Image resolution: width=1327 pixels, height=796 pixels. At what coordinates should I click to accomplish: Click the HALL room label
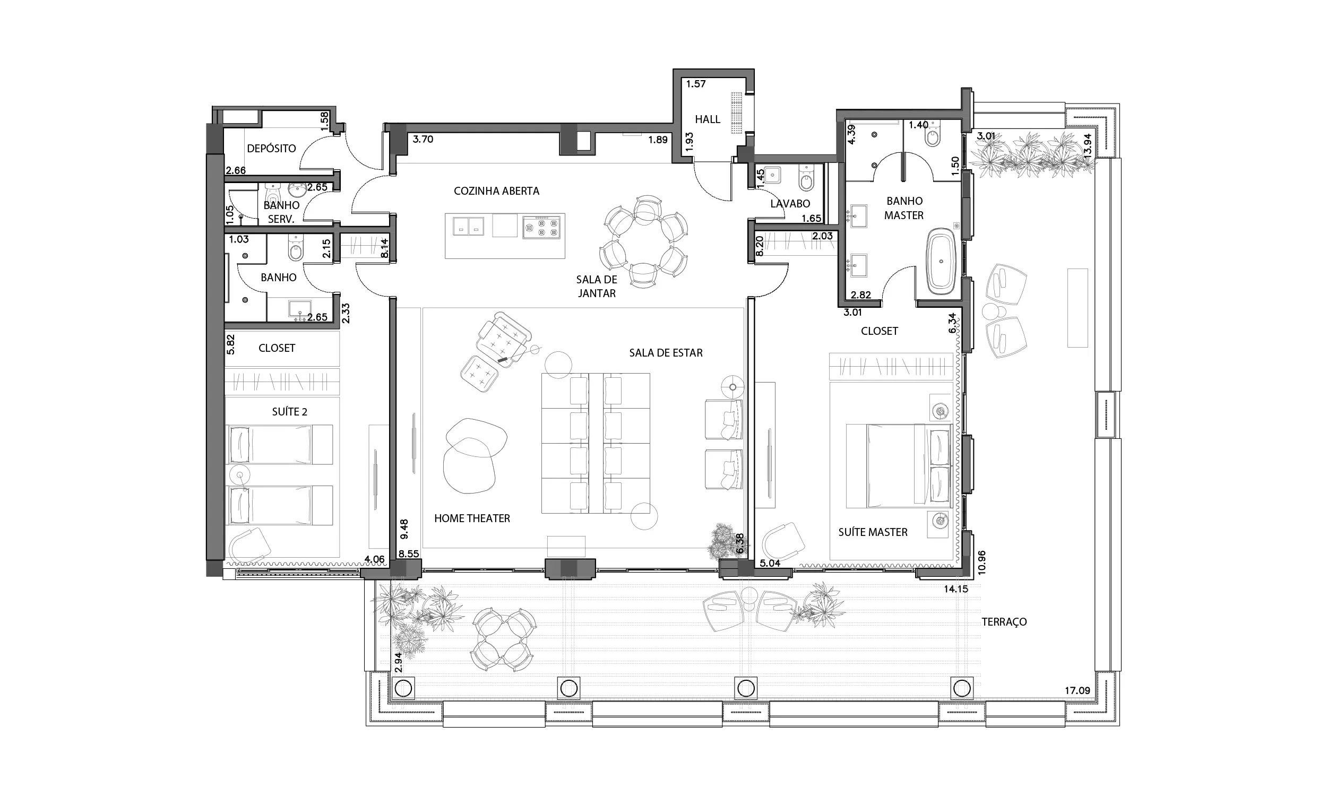[x=708, y=119]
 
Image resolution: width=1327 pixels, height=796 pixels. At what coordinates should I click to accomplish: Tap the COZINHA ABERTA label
[x=496, y=191]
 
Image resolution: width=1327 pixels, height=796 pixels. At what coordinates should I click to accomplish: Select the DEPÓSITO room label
[x=271, y=148]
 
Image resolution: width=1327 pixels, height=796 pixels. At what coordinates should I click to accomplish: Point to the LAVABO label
[x=790, y=204]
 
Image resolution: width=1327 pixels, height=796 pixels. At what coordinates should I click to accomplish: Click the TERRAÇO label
[x=1004, y=621]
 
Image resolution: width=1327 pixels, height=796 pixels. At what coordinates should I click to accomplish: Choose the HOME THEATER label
[x=472, y=518]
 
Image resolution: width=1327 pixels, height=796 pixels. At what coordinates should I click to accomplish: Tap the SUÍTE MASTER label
[x=873, y=532]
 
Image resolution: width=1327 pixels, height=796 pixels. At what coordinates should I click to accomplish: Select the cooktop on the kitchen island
[x=541, y=227]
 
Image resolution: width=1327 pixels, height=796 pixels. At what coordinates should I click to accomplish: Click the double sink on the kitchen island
[x=468, y=227]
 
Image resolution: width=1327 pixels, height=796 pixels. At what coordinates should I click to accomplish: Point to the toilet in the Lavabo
[x=806, y=178]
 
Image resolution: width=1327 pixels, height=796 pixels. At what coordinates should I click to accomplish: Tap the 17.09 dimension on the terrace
[x=1078, y=690]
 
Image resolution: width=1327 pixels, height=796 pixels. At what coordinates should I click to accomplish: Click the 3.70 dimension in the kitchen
[x=423, y=139]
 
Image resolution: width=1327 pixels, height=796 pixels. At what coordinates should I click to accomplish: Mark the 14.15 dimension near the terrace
[x=956, y=589]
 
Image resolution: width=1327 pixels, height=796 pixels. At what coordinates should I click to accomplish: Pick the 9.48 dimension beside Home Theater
[x=404, y=529]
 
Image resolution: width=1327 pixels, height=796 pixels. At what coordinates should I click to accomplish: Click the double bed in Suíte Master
[x=899, y=465]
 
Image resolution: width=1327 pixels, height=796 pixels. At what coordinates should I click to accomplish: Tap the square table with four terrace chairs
[x=503, y=639]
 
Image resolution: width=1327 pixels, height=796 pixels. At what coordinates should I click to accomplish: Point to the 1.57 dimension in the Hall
[x=696, y=84]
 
